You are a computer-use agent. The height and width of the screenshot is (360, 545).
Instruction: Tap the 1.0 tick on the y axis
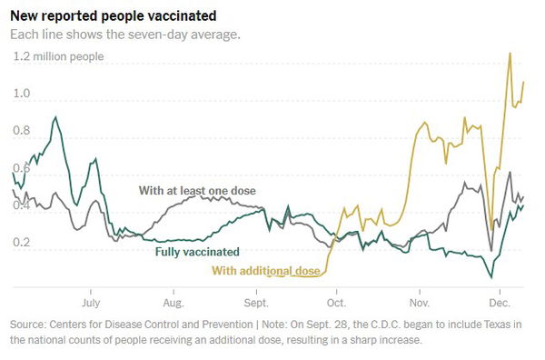(22, 94)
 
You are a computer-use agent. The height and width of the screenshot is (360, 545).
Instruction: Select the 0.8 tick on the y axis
(22, 132)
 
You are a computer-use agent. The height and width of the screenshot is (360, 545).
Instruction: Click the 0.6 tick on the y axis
(22, 169)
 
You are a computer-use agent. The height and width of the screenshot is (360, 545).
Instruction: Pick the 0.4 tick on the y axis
(22, 206)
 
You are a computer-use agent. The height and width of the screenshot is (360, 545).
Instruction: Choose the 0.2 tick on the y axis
(22, 244)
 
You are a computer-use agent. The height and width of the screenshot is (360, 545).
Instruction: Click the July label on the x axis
(92, 301)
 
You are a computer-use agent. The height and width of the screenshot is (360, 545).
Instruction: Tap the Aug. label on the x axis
(173, 301)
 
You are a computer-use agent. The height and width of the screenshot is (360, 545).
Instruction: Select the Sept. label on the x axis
(255, 301)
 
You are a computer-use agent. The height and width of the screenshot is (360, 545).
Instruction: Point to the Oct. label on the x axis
(336, 301)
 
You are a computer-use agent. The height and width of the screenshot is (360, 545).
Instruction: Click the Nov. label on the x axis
(420, 301)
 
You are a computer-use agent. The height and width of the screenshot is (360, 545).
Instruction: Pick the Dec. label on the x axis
(500, 301)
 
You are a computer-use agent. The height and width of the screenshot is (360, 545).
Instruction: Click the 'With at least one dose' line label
(197, 191)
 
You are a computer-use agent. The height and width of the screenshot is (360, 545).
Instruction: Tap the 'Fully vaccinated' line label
(197, 252)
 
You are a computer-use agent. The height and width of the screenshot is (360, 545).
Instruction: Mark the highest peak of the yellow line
(510, 53)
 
